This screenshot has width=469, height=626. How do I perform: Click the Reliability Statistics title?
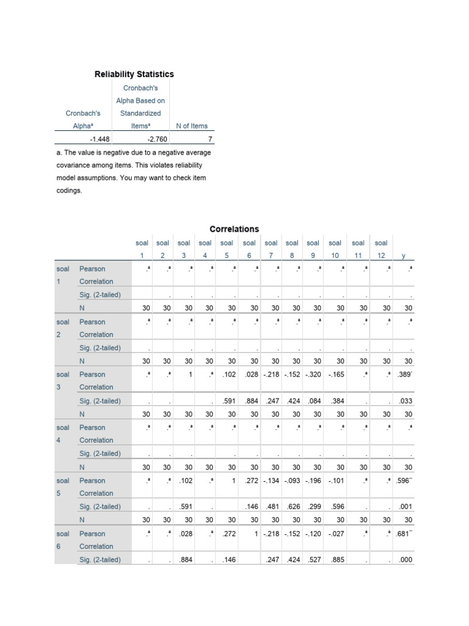pos(134,74)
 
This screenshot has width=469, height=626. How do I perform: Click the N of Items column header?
pos(191,126)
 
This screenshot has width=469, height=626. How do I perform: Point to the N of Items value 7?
pos(209,139)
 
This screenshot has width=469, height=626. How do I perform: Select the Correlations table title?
pos(234,229)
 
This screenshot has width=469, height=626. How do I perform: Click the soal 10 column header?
pos(335,249)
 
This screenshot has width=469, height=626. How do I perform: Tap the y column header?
pos(403,256)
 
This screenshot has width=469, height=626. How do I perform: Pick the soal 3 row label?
pos(63,380)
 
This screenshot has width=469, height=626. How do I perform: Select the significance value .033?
pos(405,401)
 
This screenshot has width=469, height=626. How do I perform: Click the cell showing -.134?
pos(272,481)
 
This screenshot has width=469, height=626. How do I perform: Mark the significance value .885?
pos(335,560)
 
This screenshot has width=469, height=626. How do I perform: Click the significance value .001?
pos(405,507)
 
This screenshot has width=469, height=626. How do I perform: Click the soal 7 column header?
pos(271,249)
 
